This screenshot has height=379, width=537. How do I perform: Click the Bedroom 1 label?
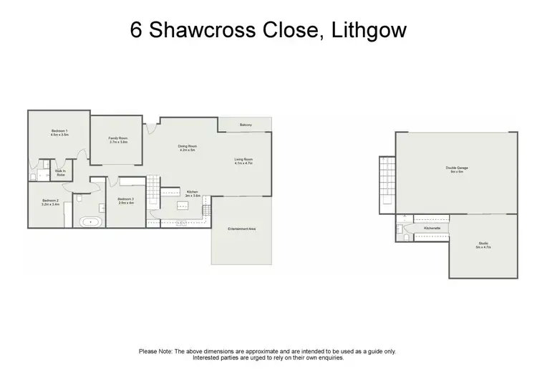59,130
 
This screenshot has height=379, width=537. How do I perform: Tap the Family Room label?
118,138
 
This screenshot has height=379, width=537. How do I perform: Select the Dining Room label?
188,146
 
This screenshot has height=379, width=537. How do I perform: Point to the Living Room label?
244,159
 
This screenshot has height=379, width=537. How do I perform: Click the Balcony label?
246,125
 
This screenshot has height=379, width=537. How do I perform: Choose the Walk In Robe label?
60,172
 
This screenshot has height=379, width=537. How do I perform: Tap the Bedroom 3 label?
125,198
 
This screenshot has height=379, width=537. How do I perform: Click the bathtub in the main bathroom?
91,222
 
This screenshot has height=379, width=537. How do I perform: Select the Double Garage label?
458,168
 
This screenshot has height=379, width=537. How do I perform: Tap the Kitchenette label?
432,228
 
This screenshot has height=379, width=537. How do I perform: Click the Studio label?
483,244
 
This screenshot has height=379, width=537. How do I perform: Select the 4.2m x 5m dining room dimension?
188,150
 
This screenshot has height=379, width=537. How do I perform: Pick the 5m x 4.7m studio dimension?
483,248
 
